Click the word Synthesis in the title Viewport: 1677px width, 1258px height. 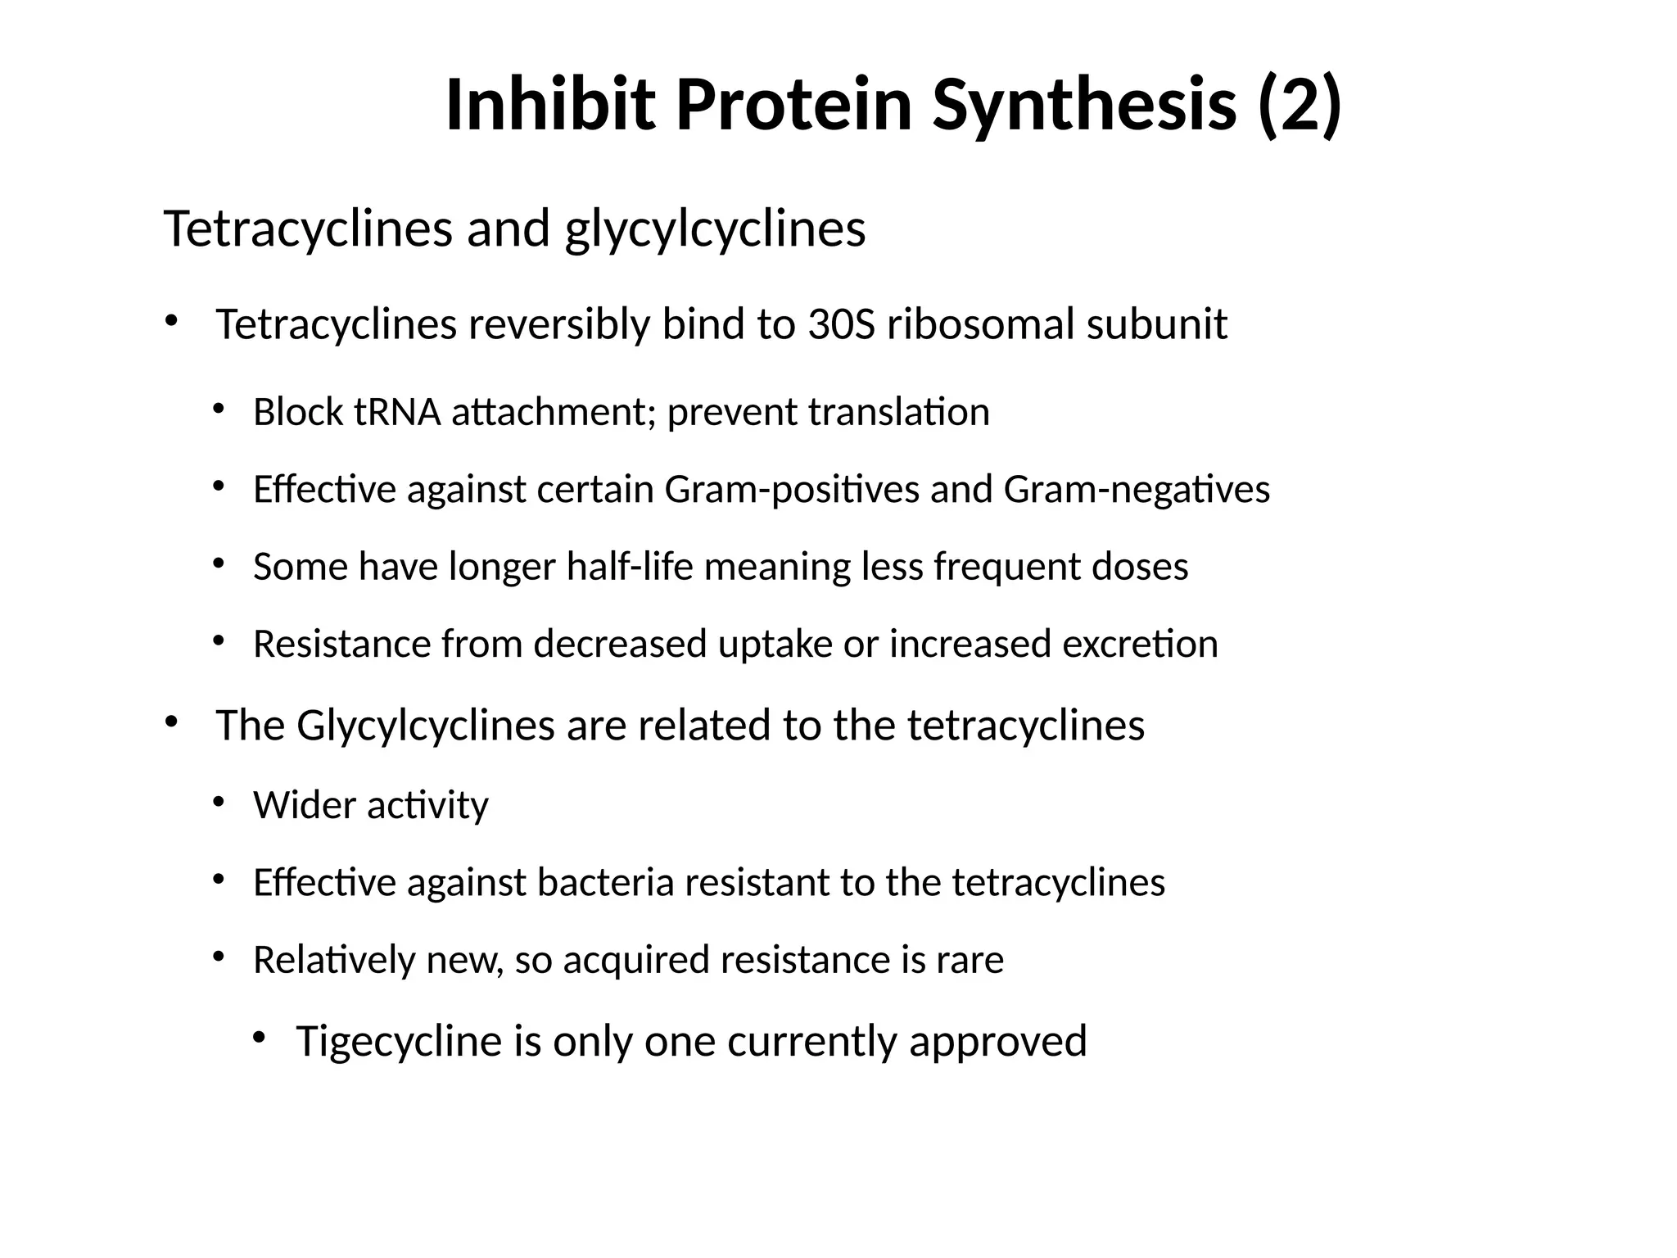click(x=1084, y=105)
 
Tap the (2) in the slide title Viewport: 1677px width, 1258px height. click(x=1300, y=105)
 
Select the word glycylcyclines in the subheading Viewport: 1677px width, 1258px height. click(x=715, y=229)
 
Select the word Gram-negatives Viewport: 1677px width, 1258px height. click(x=1137, y=490)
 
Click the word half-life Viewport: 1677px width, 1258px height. click(x=630, y=567)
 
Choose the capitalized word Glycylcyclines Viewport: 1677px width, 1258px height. click(x=426, y=726)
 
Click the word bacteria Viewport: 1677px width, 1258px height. click(x=604, y=883)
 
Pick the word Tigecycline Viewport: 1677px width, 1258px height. click(x=399, y=1042)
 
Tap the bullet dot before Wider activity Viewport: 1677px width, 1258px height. click(x=218, y=802)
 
